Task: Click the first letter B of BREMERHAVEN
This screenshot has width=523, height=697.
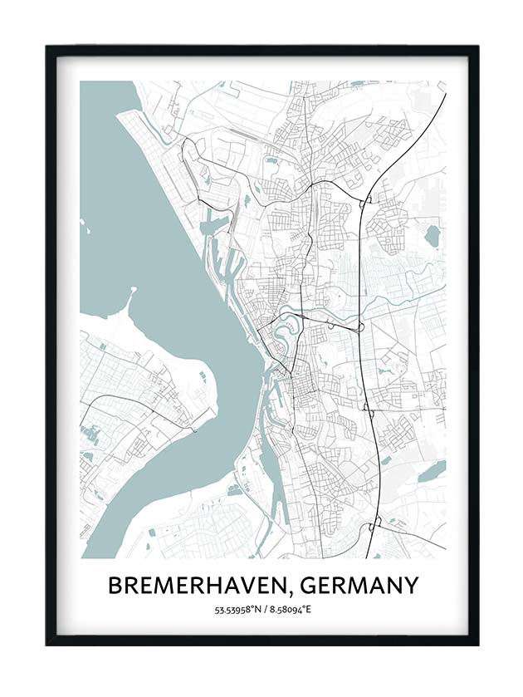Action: [x=115, y=586]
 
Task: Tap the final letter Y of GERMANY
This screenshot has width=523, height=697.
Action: [x=409, y=586]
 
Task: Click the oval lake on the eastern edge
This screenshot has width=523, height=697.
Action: [x=431, y=236]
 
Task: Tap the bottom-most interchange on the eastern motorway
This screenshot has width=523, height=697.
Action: [x=374, y=523]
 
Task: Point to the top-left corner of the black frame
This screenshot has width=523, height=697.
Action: [x=47, y=47]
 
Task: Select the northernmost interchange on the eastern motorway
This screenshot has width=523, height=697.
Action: [x=364, y=200]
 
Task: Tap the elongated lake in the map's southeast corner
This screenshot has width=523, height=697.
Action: [x=432, y=472]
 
